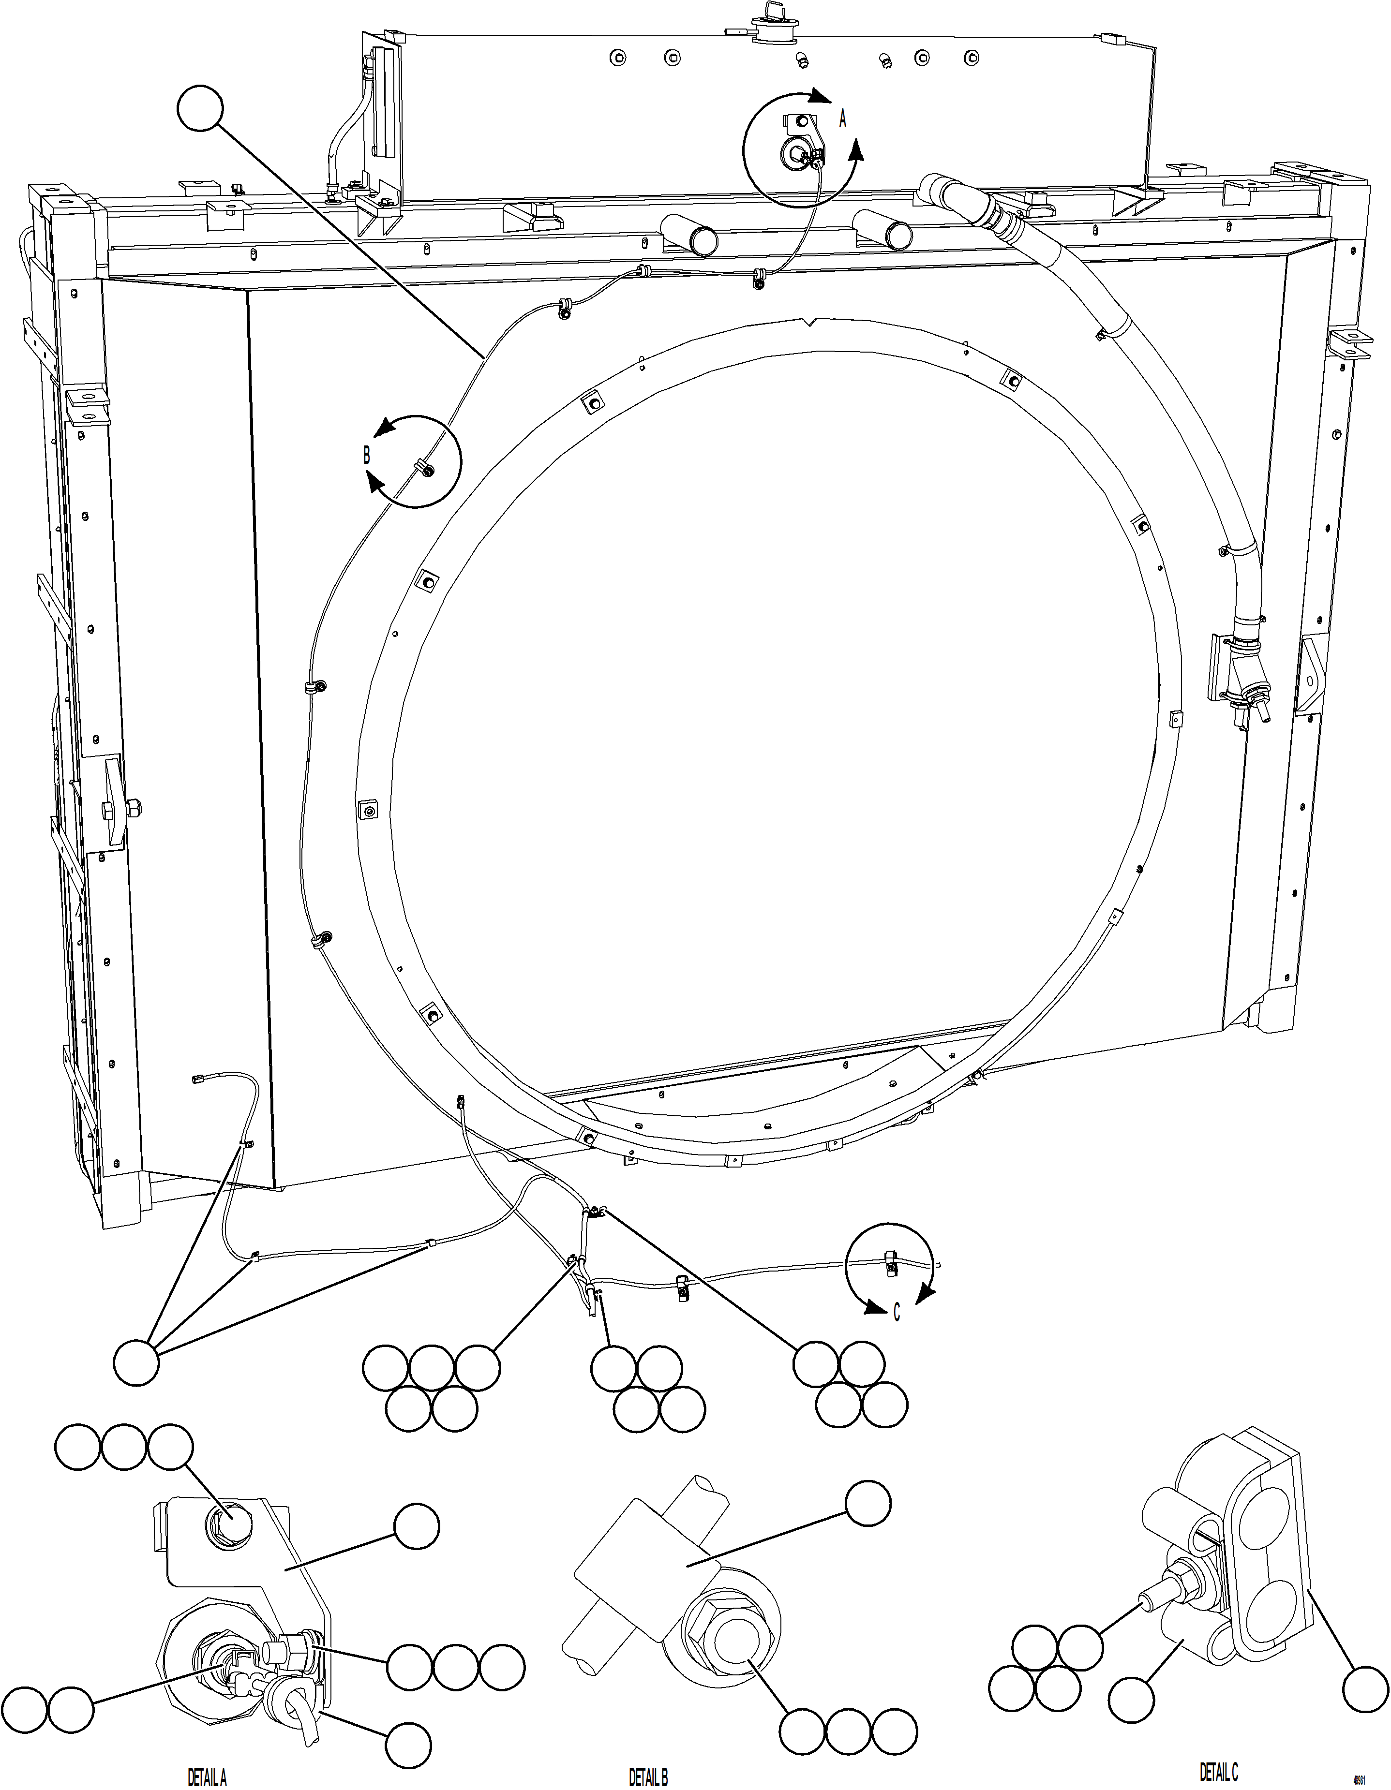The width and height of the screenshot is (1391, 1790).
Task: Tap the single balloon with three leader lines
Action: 136,1362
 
